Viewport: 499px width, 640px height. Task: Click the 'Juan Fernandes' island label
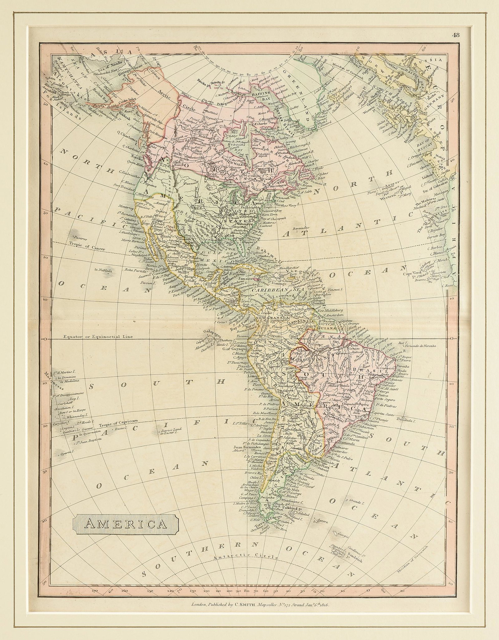(x=245, y=447)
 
